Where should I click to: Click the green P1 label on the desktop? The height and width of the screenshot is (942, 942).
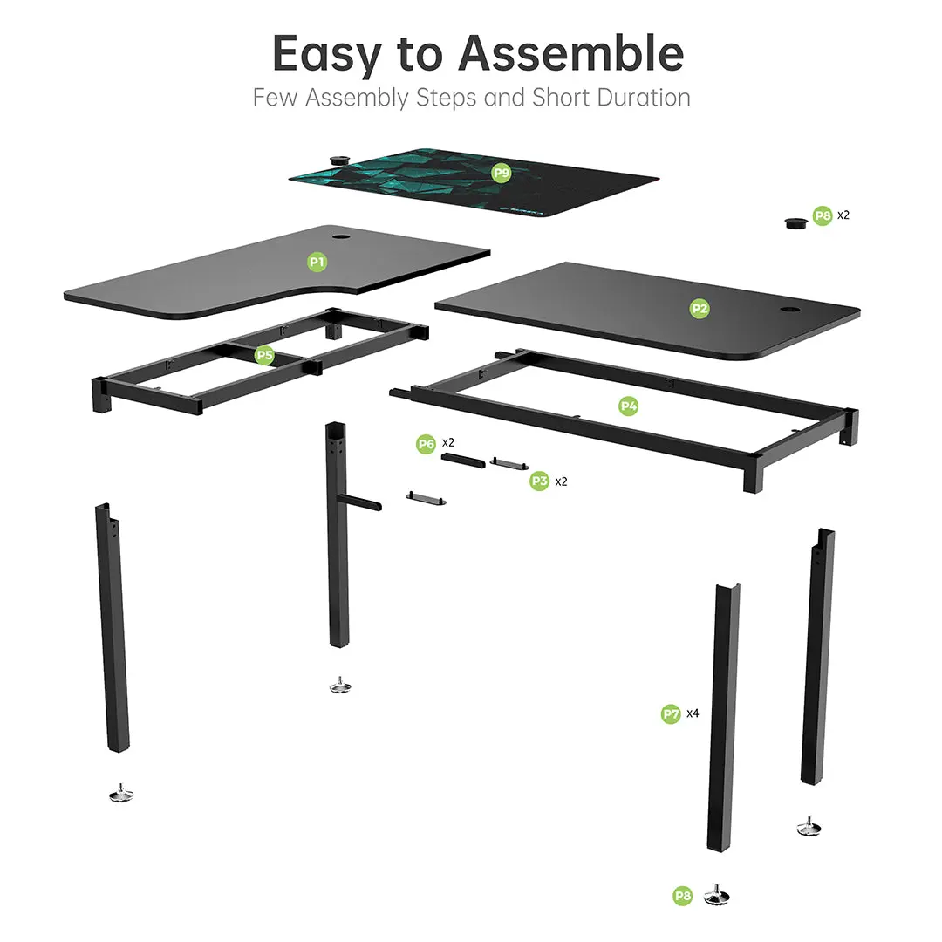tap(317, 261)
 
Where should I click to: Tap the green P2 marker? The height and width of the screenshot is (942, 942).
tap(700, 308)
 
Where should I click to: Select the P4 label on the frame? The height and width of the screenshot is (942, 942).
tap(629, 406)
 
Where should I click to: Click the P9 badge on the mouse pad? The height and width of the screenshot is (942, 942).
tap(501, 173)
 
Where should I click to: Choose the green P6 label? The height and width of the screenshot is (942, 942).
tap(426, 444)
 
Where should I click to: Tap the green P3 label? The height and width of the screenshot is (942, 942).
tap(540, 481)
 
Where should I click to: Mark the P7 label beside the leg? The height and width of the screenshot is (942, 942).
tap(670, 713)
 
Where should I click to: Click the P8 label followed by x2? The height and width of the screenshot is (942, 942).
tap(823, 215)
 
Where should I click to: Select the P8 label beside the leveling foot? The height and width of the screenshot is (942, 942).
tap(683, 895)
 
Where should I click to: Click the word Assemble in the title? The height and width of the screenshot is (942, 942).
tap(571, 54)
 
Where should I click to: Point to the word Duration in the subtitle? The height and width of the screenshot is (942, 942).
tap(644, 97)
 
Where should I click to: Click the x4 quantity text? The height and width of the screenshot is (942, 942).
tap(693, 713)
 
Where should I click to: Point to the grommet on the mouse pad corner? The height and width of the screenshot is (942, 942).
tap(339, 158)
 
